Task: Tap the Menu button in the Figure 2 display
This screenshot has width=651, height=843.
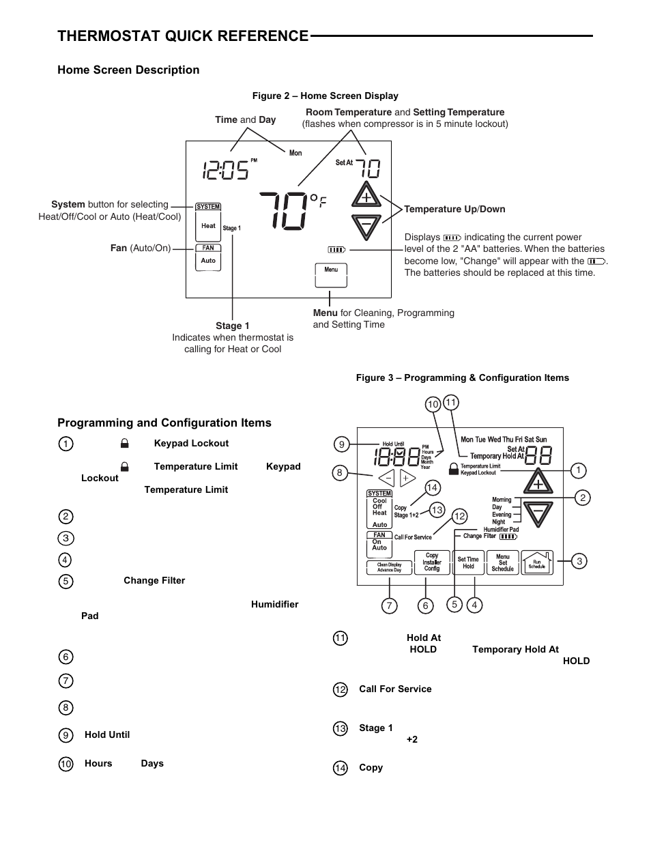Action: tap(331, 276)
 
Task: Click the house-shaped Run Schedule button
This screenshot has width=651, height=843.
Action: tap(537, 562)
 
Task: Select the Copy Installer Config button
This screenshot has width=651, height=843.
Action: tap(432, 562)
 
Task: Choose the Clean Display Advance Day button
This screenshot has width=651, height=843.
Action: tap(389, 567)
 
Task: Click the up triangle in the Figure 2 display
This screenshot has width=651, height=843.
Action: tap(366, 195)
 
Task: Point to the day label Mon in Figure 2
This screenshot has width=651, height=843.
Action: tap(295, 153)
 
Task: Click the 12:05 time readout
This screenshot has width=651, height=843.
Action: tap(225, 170)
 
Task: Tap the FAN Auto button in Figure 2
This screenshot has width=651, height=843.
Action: tap(208, 257)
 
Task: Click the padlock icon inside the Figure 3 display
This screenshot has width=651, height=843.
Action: tap(454, 469)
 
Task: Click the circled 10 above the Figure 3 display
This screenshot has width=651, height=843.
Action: tap(433, 405)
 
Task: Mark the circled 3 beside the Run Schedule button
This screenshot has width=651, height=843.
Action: tap(579, 561)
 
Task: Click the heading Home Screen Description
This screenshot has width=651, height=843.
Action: tap(128, 70)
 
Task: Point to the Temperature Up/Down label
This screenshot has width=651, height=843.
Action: tap(454, 209)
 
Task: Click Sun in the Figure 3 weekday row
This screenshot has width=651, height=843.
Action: tap(541, 440)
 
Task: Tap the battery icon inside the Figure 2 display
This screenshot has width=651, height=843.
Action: tap(336, 250)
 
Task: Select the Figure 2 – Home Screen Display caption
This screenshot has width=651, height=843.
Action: tap(325, 96)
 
